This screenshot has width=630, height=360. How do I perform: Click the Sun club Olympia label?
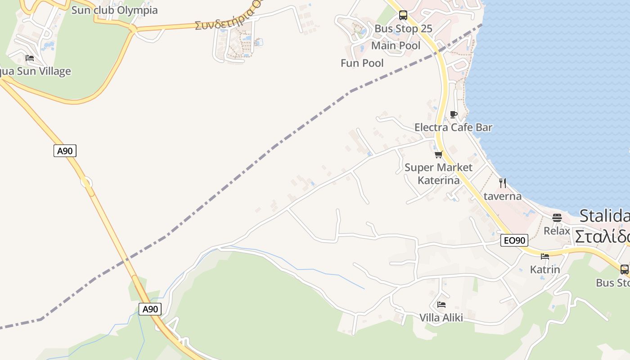[x=114, y=10]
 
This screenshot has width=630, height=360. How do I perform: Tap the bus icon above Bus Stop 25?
[x=403, y=15]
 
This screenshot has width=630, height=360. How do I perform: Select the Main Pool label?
[x=396, y=45]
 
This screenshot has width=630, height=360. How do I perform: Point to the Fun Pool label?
[x=362, y=63]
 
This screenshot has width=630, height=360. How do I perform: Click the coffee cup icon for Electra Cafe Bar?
[x=454, y=114]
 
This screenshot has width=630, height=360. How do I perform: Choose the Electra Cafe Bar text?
[x=453, y=127]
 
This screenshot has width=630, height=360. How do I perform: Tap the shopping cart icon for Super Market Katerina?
[x=439, y=155]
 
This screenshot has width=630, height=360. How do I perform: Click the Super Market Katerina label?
[x=438, y=174]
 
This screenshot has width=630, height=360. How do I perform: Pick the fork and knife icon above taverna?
[x=503, y=183]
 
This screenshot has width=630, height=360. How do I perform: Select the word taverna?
[x=503, y=196]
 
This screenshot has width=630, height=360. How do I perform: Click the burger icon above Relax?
[x=557, y=218]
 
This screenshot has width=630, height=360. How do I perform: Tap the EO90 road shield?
[x=514, y=240]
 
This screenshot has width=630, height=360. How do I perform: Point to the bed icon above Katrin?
[x=545, y=256]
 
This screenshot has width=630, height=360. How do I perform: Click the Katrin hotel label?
[x=545, y=270]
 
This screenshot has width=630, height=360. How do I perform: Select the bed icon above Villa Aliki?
[x=441, y=305]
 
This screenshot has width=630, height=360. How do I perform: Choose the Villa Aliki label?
[x=441, y=318]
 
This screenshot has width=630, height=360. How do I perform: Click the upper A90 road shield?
[x=65, y=151]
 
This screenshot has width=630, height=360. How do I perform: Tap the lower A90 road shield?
[x=150, y=309]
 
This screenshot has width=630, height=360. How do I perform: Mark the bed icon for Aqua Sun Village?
[x=30, y=58]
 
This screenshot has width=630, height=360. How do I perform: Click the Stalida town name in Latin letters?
[x=604, y=216]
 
